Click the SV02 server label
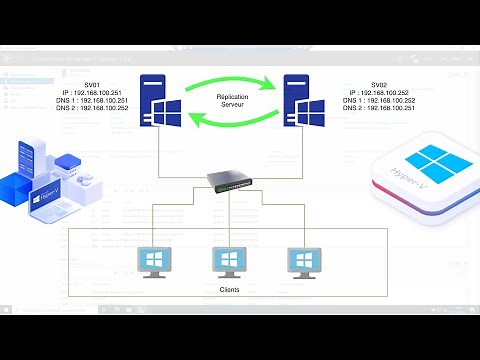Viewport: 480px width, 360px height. pos(379,86)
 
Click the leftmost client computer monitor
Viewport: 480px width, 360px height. pos(153,261)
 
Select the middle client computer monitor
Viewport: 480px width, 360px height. pos(229,261)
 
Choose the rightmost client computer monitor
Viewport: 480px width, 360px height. pos(303,261)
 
